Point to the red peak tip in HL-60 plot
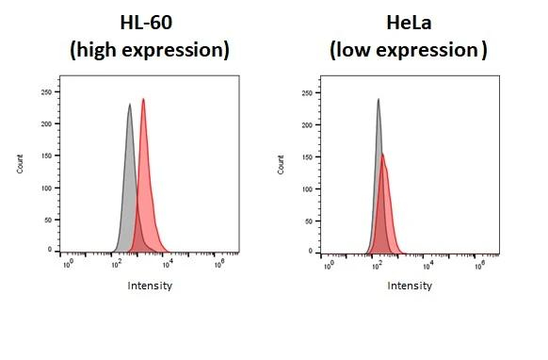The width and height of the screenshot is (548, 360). tap(143, 99)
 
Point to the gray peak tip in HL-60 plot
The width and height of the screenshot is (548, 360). tap(129, 105)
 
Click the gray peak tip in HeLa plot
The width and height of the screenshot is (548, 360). tap(378, 99)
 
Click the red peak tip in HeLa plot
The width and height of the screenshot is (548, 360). tap(382, 155)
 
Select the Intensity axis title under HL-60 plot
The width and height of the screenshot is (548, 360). tap(150, 286)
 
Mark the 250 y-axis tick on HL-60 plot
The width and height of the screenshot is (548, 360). tap(47, 92)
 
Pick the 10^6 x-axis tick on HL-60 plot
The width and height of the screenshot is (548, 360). tap(218, 265)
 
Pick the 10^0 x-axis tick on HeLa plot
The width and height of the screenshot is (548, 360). tap(327, 265)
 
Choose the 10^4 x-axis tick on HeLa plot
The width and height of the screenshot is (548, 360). tap(428, 265)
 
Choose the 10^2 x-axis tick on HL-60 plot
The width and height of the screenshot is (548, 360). tap(117, 265)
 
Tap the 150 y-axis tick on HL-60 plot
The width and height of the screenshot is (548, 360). tap(47, 155)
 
